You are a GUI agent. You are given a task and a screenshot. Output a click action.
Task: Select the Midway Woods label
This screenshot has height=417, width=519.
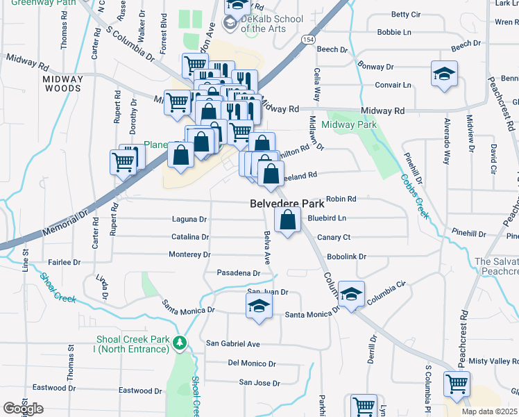pyautogui.click(x=63, y=83)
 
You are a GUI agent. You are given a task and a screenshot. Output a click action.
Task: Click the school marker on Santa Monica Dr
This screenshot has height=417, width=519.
pyautogui.click(x=259, y=306)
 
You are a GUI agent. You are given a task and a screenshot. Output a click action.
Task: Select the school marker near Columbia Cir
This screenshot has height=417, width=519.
pyautogui.click(x=352, y=295)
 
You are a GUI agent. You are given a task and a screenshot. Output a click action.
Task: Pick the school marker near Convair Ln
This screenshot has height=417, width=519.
pyautogui.click(x=443, y=74)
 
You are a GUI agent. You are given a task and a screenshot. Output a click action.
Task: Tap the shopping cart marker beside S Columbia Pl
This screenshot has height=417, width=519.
pyautogui.click(x=457, y=384)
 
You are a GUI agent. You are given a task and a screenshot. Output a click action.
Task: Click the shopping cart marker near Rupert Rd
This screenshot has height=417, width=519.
pyautogui.click(x=124, y=163)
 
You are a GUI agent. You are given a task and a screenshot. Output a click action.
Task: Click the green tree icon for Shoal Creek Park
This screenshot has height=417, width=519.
pyautogui.click(x=180, y=343)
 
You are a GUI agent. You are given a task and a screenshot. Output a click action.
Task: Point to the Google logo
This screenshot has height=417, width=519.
pyautogui.click(x=22, y=409)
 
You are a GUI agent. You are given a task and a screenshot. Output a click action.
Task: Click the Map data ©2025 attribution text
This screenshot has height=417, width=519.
pyautogui.click(x=489, y=411)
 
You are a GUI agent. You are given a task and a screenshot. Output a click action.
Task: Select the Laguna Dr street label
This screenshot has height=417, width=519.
pyautogui.click(x=189, y=220)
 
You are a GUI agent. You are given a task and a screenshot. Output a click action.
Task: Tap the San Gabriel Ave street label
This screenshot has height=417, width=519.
pyautogui.click(x=233, y=344)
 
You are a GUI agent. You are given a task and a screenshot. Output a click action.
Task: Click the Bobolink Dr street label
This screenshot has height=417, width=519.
pyautogui.click(x=346, y=256)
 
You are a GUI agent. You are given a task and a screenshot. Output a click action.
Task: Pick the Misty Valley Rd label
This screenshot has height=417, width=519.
pyautogui.click(x=493, y=361)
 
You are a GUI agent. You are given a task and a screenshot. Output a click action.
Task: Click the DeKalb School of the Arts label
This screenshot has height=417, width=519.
pyautogui.click(x=272, y=24)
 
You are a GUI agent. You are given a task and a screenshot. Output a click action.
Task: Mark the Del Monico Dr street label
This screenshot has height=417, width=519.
pyautogui.click(x=252, y=363)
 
